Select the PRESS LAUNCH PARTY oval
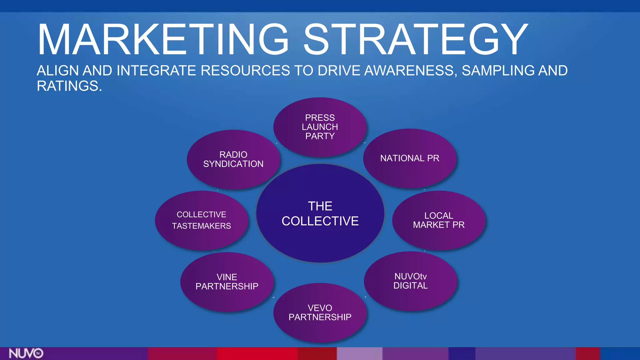click(320, 127)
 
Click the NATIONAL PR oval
click(410, 158)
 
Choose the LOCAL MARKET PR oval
click(439, 220)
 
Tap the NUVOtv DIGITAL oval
click(411, 281)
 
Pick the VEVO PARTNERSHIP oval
click(320, 312)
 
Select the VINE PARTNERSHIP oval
click(227, 282)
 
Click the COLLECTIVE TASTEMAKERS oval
click(202, 220)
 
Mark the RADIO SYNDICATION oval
click(233, 159)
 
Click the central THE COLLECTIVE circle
click(320, 213)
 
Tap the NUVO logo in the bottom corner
click(26, 353)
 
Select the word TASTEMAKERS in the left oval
click(202, 226)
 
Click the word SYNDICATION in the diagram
click(233, 164)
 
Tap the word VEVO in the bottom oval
click(320, 308)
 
